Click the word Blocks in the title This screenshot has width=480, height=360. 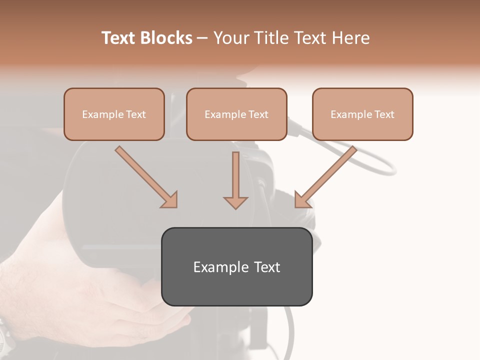pyautogui.click(x=167, y=38)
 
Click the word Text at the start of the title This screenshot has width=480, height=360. pyautogui.click(x=119, y=38)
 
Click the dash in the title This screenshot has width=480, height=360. pyautogui.click(x=202, y=38)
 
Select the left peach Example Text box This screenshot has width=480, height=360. pyautogui.click(x=114, y=114)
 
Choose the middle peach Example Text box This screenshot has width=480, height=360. pyautogui.click(x=236, y=114)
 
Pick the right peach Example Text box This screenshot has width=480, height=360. pyautogui.click(x=362, y=114)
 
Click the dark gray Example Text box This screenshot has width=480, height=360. pyautogui.click(x=236, y=266)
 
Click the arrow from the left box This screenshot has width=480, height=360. pyautogui.click(x=146, y=177)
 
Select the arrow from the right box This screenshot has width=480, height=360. pyautogui.click(x=325, y=177)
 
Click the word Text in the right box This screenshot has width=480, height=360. pyautogui.click(x=384, y=114)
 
